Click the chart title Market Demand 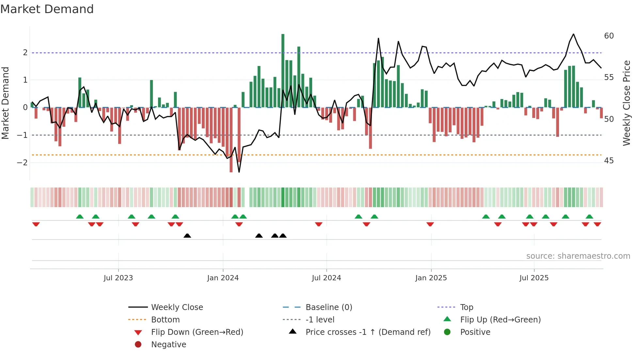tap(47, 9)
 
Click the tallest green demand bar tap(283, 70)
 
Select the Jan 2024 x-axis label tap(223, 278)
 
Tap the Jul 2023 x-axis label tap(118, 278)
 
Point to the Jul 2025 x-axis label tap(534, 278)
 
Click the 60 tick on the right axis tap(609, 36)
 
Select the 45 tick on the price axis tap(609, 161)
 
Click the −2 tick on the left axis tap(22, 162)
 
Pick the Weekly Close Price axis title tap(626, 103)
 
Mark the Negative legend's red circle tap(138, 345)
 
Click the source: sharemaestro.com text tap(578, 256)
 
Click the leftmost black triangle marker tap(187, 236)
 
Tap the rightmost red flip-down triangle tap(597, 224)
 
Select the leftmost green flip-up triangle tap(80, 217)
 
